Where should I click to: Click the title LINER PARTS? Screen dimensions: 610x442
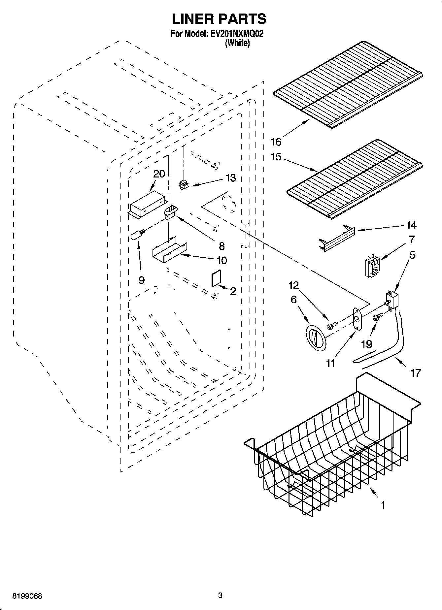(x=219, y=19)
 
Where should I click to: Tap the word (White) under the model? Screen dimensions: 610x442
(x=237, y=43)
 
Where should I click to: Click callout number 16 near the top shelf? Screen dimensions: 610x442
(x=276, y=142)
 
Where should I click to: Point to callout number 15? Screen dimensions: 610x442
(x=276, y=157)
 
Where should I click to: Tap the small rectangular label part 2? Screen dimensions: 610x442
(x=216, y=279)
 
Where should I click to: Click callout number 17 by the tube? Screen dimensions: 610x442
(x=416, y=373)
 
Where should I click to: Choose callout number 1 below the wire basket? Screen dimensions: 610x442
(x=383, y=505)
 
